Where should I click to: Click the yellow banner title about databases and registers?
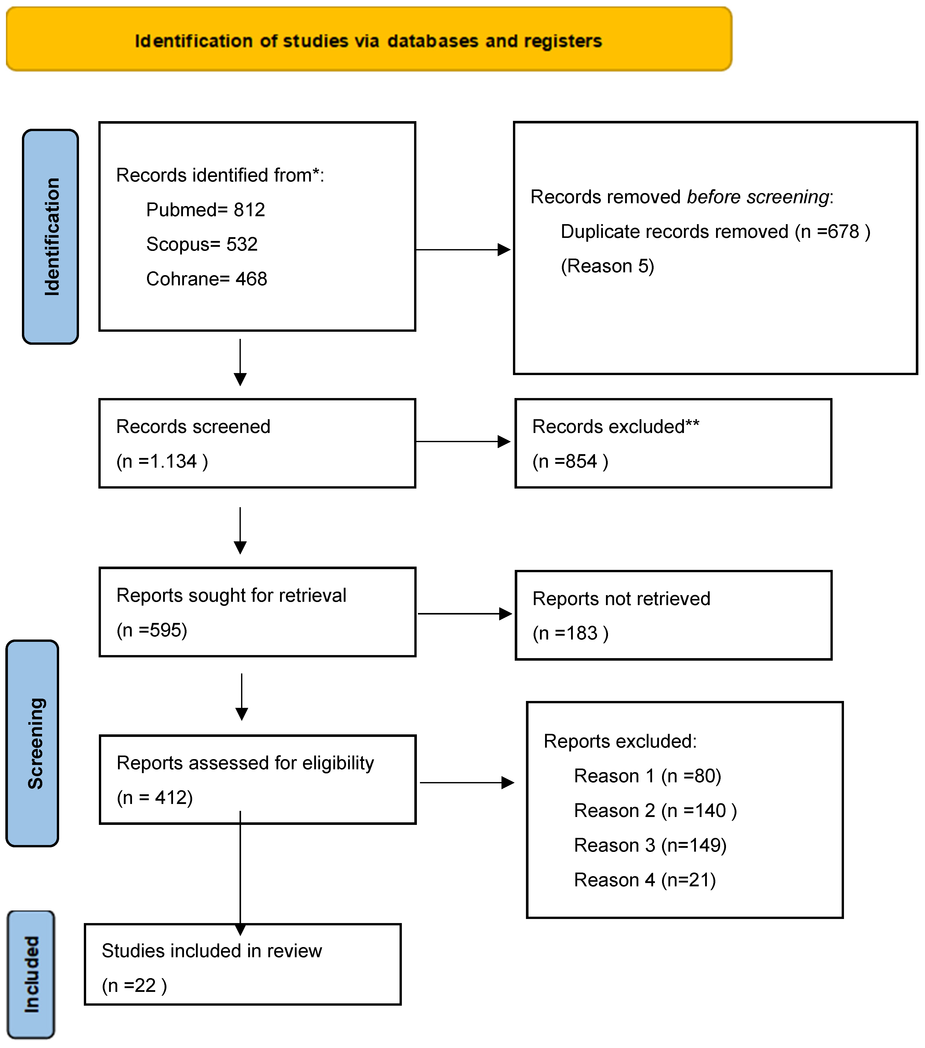click(368, 41)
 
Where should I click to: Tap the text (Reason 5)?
click(607, 266)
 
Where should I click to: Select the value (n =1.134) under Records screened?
click(162, 462)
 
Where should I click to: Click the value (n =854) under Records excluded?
click(570, 462)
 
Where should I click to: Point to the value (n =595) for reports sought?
click(152, 630)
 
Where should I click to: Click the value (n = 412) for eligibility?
click(155, 798)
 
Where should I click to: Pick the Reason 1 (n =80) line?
click(647, 776)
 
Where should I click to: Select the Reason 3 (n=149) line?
click(650, 846)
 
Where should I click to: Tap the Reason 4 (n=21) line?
click(644, 880)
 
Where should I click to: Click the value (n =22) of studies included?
click(134, 986)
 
